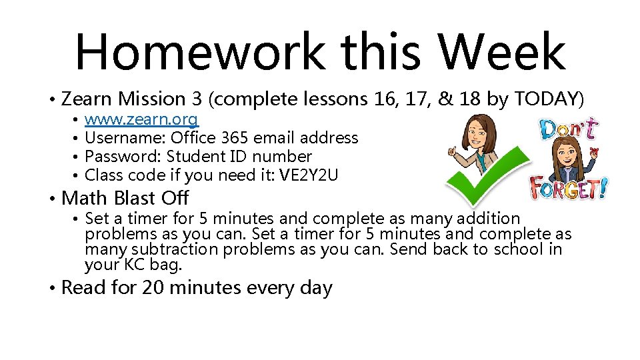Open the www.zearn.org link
pos(141,120)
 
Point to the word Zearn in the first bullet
pos(87,99)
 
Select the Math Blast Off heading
pos(125,198)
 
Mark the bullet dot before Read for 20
pos(52,289)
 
